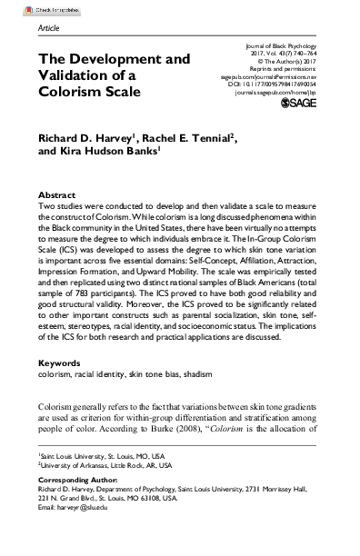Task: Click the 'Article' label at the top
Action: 50,29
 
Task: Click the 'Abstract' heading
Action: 56,195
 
